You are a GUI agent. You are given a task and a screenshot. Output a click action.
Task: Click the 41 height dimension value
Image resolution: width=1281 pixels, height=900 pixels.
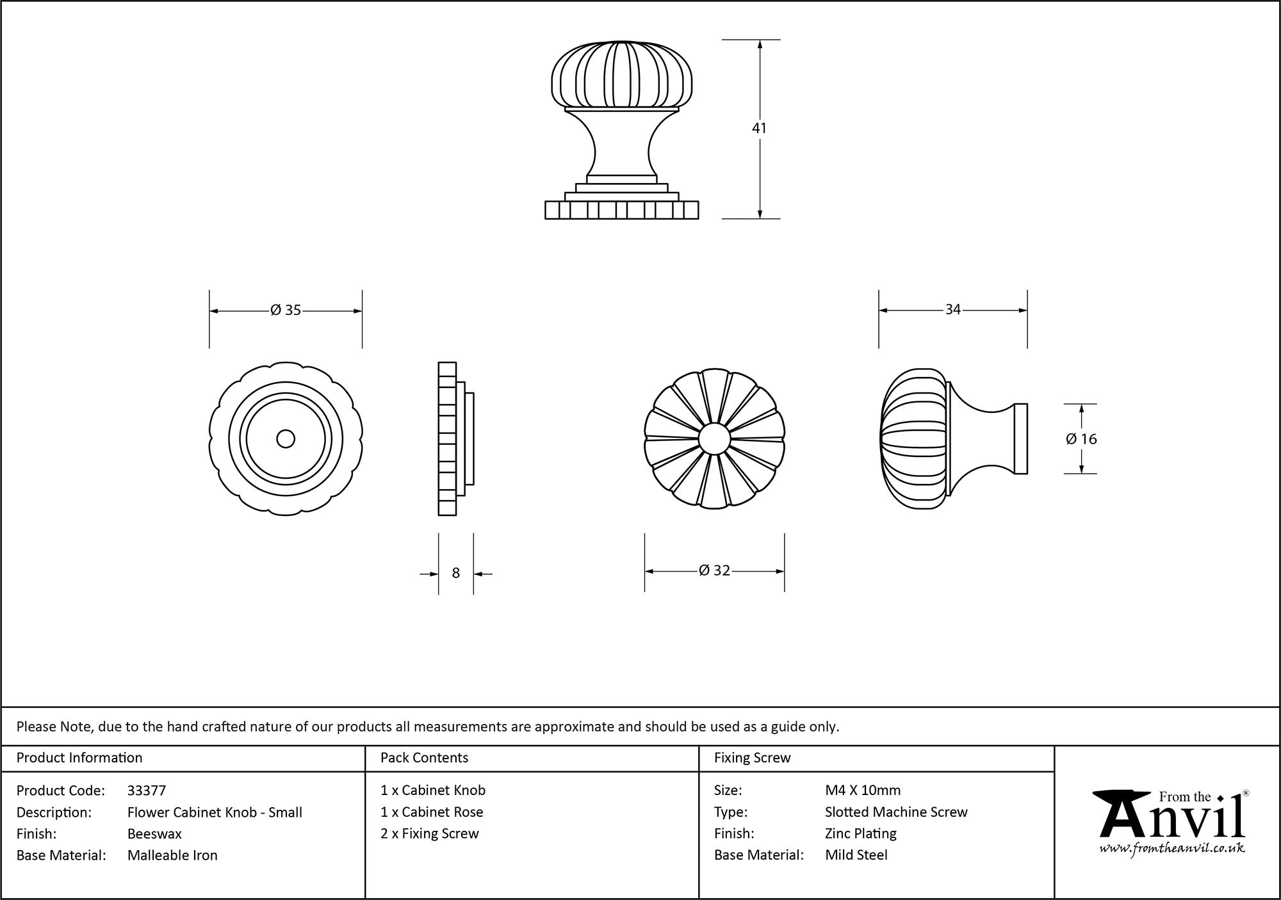(x=759, y=128)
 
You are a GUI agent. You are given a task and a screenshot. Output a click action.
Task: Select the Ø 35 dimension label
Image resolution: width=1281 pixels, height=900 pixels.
(x=286, y=310)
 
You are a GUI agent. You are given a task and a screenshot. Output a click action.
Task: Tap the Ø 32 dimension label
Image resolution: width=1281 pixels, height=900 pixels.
(x=715, y=570)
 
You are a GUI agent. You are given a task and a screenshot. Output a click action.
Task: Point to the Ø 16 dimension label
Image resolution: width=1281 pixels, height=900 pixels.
(x=1081, y=438)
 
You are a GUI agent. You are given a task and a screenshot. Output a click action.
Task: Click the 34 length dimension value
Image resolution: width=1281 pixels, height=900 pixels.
(x=953, y=310)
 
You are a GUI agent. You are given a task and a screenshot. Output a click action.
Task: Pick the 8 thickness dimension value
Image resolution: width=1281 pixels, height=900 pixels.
(x=456, y=573)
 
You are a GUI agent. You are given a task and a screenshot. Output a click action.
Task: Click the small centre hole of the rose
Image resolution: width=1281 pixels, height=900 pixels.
(x=286, y=438)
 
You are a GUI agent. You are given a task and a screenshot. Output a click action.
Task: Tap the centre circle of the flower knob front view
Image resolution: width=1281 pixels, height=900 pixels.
(x=714, y=438)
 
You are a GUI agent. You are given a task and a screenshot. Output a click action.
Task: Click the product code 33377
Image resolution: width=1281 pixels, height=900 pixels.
(x=147, y=791)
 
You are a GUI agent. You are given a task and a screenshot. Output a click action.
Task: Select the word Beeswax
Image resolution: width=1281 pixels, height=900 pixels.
(x=154, y=833)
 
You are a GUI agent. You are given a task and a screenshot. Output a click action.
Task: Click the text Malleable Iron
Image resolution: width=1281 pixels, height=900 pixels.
(x=172, y=855)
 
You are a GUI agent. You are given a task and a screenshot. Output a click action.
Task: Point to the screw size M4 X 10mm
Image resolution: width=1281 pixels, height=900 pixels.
(x=863, y=791)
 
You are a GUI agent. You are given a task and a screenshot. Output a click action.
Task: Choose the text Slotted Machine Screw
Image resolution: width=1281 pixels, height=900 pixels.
(x=896, y=812)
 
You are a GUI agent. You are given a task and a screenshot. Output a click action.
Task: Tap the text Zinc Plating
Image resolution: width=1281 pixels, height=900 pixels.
(x=861, y=833)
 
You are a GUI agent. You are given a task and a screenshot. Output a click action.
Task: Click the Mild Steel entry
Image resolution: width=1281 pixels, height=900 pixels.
(x=856, y=855)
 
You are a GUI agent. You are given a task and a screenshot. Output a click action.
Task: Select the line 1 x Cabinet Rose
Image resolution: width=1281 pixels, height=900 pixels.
(x=432, y=812)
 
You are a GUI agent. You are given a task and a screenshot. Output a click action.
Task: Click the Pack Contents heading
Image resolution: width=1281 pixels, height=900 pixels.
(x=424, y=758)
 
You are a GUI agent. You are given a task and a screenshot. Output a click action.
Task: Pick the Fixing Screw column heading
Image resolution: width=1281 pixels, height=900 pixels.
(x=753, y=758)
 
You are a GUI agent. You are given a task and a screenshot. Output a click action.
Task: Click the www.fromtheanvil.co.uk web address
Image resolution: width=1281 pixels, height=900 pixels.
(x=1172, y=848)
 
